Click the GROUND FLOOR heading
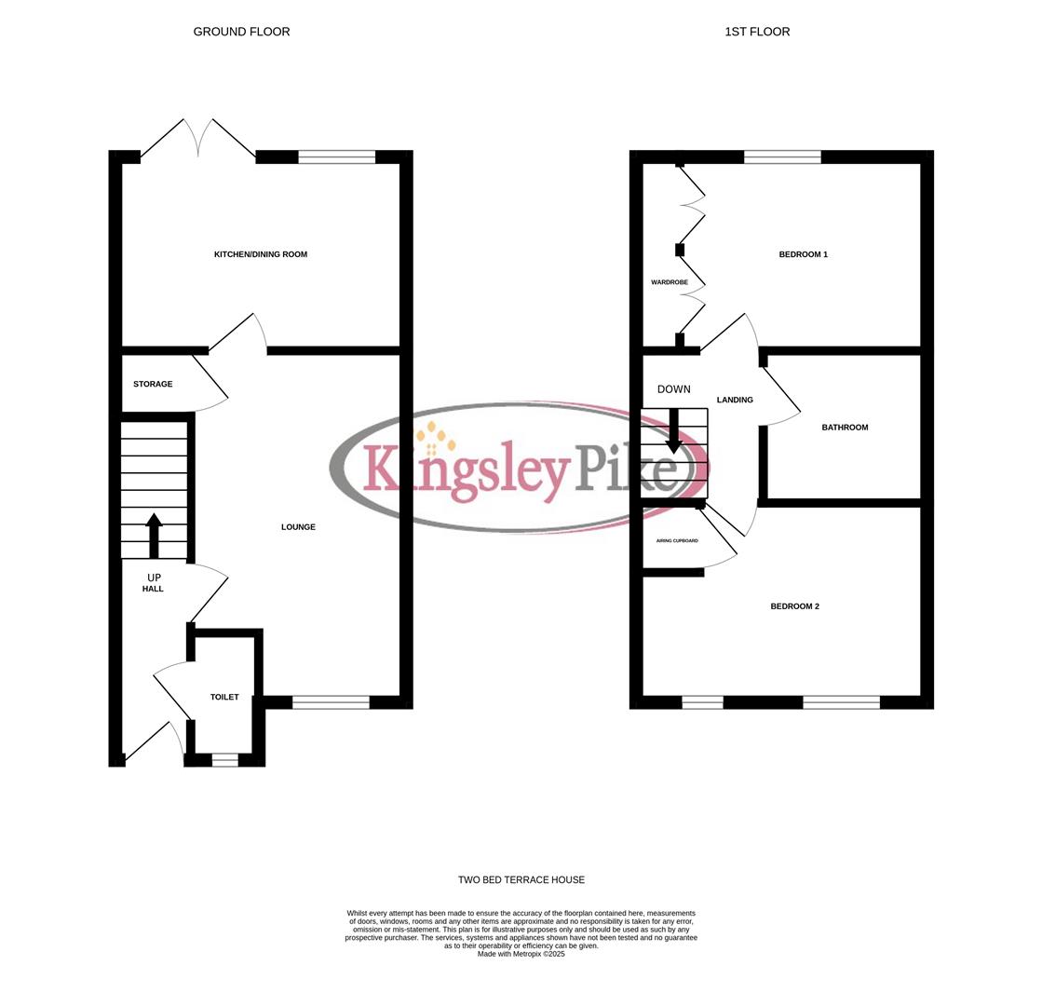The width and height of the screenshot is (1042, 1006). (241, 32)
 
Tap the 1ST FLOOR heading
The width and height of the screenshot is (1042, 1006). (757, 32)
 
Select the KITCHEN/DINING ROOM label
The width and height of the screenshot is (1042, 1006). (261, 254)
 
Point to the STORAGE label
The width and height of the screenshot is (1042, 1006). (153, 384)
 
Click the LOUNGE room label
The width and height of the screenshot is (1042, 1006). (298, 527)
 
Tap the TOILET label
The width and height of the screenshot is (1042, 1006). (224, 697)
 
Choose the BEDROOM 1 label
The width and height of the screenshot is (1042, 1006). (803, 254)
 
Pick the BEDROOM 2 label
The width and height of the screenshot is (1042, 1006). (794, 606)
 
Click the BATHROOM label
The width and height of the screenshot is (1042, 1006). (845, 428)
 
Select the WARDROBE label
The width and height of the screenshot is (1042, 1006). (669, 282)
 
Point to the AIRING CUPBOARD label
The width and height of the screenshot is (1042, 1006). (677, 540)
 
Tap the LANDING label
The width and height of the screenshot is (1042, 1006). (735, 400)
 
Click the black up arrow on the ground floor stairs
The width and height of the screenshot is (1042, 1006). (155, 535)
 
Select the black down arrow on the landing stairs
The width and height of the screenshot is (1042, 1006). (674, 431)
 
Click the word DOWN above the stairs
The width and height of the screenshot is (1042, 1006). (674, 389)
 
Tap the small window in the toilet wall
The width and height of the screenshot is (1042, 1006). (224, 760)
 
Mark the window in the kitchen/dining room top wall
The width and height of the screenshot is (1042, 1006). (336, 156)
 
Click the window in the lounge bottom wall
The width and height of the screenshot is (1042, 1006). (331, 702)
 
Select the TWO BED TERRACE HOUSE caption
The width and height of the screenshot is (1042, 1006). (521, 879)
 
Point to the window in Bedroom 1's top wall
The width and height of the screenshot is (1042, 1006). (782, 156)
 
